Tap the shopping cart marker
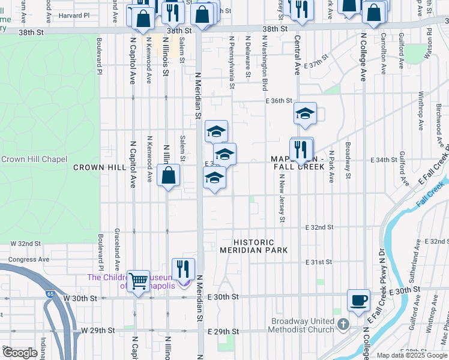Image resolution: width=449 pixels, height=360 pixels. (139, 281)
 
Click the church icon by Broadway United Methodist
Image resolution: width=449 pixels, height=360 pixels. (343, 325)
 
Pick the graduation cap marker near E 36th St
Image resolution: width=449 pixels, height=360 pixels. (305, 113)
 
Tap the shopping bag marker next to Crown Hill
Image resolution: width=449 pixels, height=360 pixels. (169, 176)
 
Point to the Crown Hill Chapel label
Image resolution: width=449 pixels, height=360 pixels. (34, 159)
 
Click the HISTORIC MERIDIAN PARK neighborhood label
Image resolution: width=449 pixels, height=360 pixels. (253, 245)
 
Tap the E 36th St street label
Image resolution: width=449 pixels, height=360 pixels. (279, 101)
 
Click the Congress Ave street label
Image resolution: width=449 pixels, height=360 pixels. (28, 260)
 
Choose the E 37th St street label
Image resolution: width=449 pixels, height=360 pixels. (316, 61)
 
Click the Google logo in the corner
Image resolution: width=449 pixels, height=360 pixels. (20, 353)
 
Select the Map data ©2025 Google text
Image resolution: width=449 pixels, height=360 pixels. (412, 355)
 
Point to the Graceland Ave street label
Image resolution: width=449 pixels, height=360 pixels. (117, 252)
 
